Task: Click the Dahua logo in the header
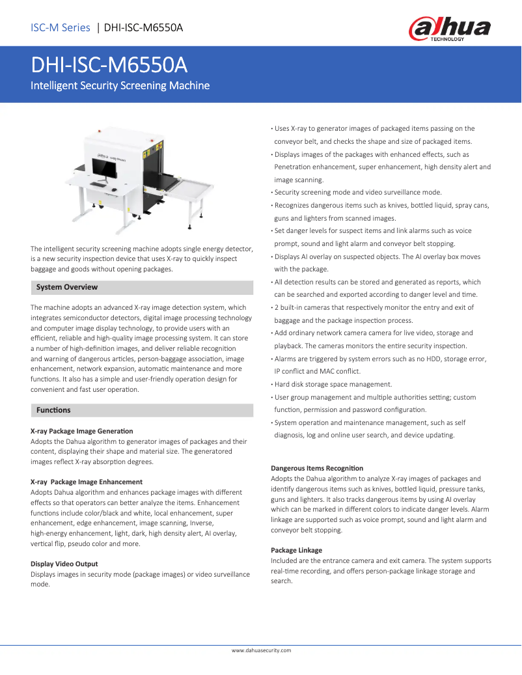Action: (x=449, y=29)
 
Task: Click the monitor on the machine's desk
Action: (x=105, y=169)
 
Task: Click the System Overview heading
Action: (x=67, y=287)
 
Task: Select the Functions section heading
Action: (x=53, y=410)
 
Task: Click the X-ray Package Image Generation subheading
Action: (x=82, y=431)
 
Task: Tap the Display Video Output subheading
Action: (x=64, y=564)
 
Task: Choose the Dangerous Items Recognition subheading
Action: (x=317, y=468)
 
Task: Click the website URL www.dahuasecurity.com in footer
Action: (x=261, y=650)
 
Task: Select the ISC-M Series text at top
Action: (x=61, y=27)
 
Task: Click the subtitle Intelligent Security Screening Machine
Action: (x=120, y=86)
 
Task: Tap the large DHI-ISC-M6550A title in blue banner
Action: (x=109, y=65)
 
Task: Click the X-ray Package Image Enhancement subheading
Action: (x=87, y=482)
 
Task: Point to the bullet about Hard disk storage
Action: (x=333, y=384)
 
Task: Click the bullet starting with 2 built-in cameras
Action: (x=374, y=307)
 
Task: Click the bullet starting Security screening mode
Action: (x=357, y=192)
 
